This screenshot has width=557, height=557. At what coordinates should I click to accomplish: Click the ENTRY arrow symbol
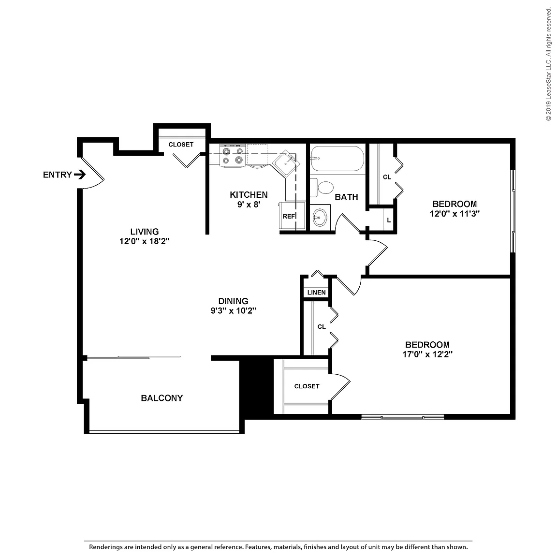click(80, 175)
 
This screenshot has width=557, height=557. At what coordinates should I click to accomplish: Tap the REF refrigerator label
click(289, 216)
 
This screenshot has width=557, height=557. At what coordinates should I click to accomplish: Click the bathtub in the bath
click(337, 159)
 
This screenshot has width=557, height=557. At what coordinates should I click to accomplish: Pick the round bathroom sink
click(320, 217)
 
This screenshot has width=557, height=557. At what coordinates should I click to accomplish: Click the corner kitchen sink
click(286, 163)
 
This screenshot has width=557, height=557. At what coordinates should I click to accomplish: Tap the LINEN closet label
click(317, 293)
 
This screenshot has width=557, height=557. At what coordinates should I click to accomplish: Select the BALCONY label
click(162, 398)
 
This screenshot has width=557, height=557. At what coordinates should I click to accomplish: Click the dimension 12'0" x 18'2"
click(144, 241)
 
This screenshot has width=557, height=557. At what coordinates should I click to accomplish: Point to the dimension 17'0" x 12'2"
click(427, 354)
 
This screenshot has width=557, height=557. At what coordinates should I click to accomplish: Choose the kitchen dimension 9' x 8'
click(249, 205)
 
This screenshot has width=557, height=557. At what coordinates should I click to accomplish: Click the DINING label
click(234, 301)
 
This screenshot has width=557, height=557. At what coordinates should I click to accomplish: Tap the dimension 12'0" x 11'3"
click(454, 214)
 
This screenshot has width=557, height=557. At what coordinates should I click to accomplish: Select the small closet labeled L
click(389, 220)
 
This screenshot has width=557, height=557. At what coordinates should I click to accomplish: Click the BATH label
click(346, 197)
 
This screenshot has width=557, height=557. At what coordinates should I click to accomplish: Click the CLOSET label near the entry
click(181, 145)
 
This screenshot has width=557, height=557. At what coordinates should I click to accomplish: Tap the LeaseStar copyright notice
click(548, 64)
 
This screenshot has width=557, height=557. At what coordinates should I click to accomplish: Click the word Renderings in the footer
click(105, 547)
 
